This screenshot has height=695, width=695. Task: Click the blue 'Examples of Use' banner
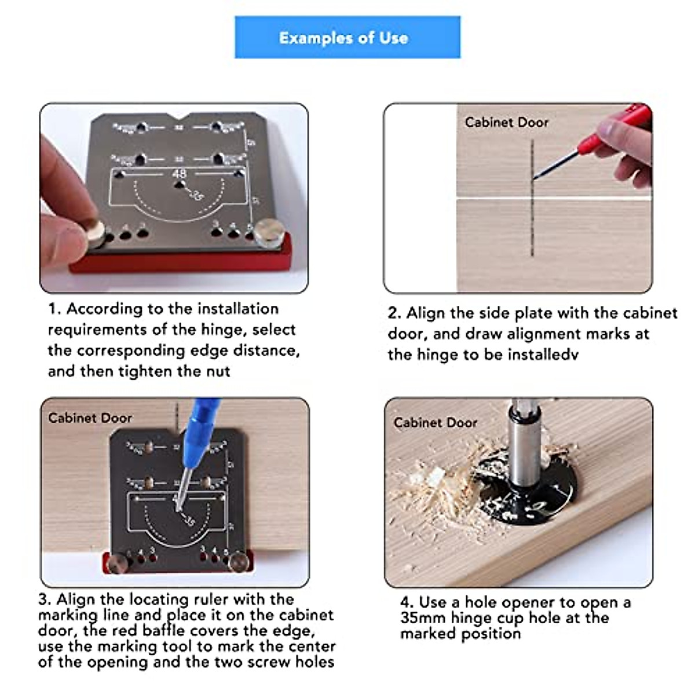[x=347, y=38]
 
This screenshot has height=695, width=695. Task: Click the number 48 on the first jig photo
[x=179, y=173]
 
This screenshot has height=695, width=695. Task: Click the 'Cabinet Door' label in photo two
[x=506, y=122]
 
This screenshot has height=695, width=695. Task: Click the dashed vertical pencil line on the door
[x=532, y=220]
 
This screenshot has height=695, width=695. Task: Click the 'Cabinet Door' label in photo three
[x=90, y=418]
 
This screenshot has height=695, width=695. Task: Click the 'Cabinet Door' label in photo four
[x=436, y=423]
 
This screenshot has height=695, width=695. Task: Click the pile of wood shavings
[x=440, y=498]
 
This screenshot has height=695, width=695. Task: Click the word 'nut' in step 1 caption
[x=218, y=371]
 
